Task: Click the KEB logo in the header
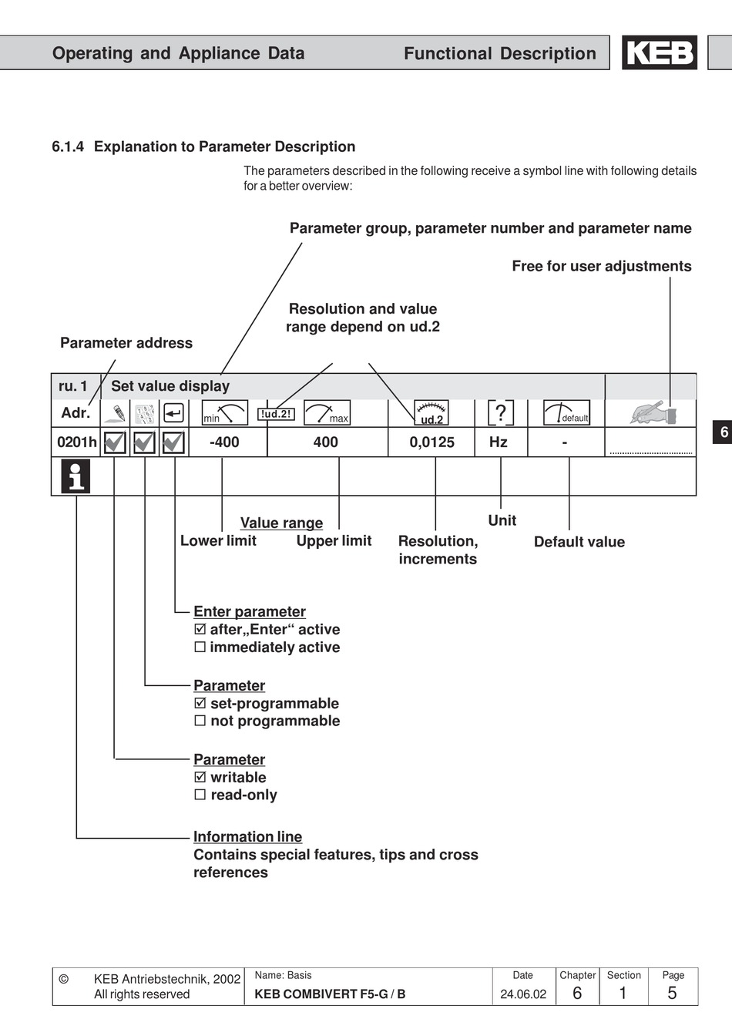(x=660, y=52)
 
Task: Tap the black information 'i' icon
(x=76, y=476)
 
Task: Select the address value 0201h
(x=77, y=442)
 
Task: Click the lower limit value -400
(x=224, y=442)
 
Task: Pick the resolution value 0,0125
(x=432, y=442)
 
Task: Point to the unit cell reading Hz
(x=499, y=442)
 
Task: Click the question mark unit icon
(x=501, y=412)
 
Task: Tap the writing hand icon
(x=653, y=412)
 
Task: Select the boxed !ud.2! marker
(x=276, y=414)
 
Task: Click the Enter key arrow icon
(x=174, y=413)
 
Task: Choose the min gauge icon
(x=225, y=412)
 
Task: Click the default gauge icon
(x=566, y=412)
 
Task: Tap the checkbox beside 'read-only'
(x=200, y=795)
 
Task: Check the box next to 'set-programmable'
(x=200, y=703)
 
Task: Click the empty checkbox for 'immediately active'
(x=200, y=647)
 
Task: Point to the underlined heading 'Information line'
(x=248, y=836)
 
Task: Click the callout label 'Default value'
(x=579, y=542)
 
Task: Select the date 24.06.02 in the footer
(x=523, y=994)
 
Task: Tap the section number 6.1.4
(x=68, y=146)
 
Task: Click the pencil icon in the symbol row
(x=116, y=413)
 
